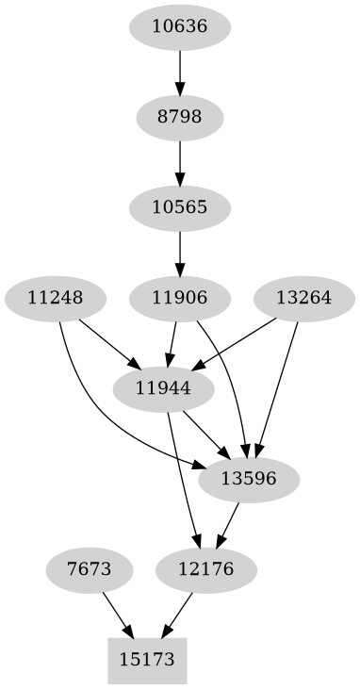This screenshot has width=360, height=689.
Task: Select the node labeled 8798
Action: (179, 117)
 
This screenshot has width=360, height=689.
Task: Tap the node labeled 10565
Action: (179, 207)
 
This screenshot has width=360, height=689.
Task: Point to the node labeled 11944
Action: (164, 388)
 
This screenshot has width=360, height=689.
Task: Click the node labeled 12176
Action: (205, 569)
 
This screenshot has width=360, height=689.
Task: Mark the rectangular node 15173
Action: (148, 660)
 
